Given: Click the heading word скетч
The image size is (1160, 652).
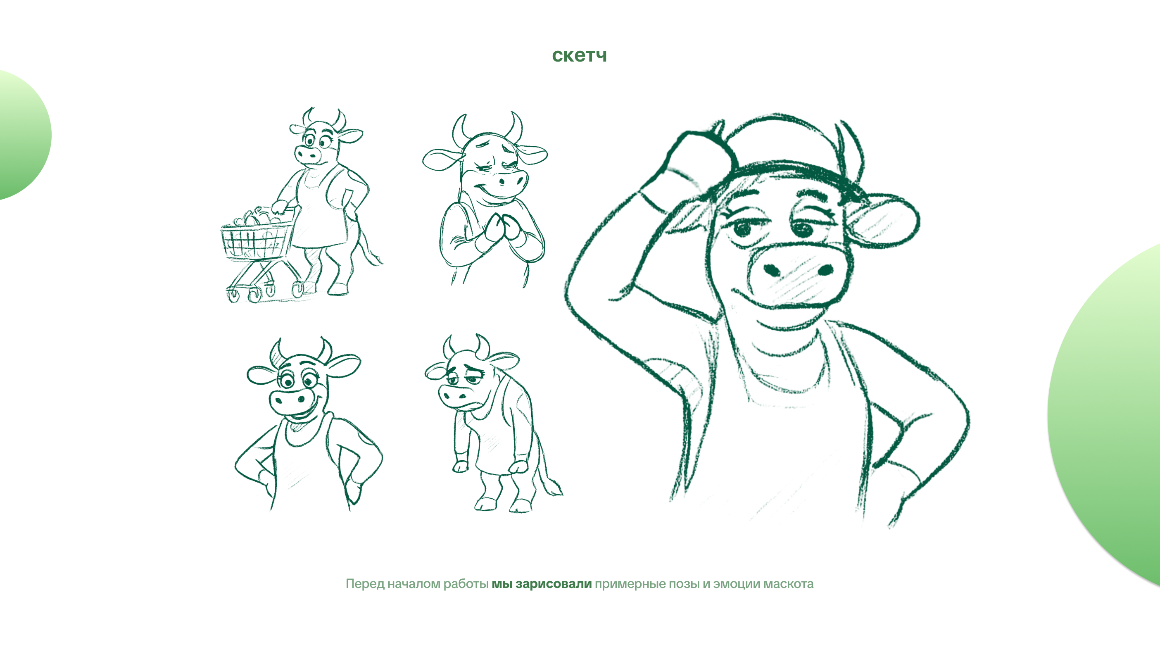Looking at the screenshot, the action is click(580, 55).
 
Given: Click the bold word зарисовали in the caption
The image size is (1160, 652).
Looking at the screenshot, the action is click(554, 584).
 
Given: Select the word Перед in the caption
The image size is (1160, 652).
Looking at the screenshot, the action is click(365, 584).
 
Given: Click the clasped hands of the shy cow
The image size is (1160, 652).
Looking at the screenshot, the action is click(500, 230).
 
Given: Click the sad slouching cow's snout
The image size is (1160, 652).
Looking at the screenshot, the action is click(459, 396).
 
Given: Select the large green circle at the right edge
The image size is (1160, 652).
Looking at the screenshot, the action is click(1108, 414).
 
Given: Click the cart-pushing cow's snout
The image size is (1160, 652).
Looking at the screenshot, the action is click(308, 155).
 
